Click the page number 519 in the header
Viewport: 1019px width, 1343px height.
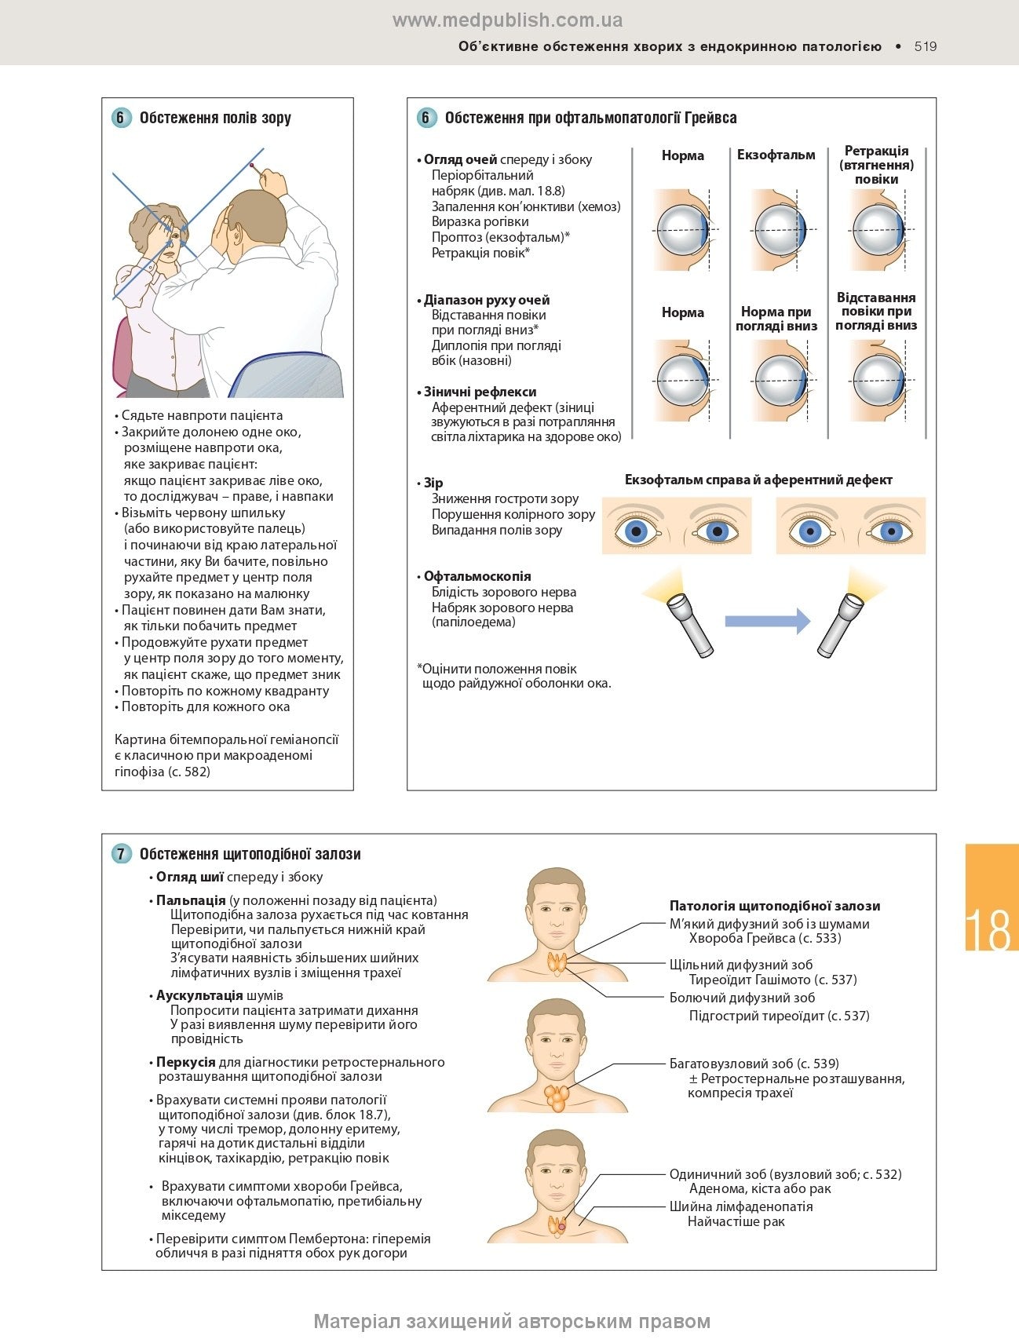[x=926, y=46]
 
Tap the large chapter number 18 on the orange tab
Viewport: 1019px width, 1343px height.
[x=988, y=929]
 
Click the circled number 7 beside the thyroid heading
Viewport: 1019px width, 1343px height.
[x=121, y=854]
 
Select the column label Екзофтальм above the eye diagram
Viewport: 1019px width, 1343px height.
[x=776, y=155]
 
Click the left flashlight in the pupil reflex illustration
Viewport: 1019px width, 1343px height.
[x=689, y=623]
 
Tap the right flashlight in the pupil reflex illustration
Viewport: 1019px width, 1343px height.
[x=840, y=623]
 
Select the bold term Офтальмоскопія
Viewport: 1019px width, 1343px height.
[x=477, y=576]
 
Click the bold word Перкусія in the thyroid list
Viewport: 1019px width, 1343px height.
[x=185, y=1062]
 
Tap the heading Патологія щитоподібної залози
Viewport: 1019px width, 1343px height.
[x=775, y=906]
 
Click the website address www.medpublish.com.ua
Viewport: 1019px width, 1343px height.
[x=507, y=20]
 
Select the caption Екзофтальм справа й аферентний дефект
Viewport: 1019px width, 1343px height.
[x=758, y=480]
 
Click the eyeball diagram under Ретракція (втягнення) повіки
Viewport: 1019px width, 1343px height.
[x=878, y=230]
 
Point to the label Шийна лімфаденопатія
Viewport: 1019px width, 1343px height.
[x=741, y=1206]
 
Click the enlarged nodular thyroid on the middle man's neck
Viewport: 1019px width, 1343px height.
[x=558, y=1094]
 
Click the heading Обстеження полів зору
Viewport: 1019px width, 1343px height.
[x=215, y=118]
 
